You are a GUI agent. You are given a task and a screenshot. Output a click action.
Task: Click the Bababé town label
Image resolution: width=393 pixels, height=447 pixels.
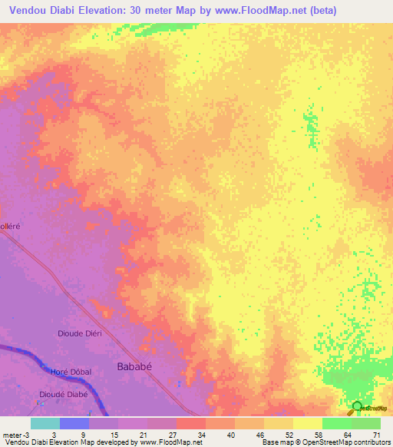[x=134, y=366]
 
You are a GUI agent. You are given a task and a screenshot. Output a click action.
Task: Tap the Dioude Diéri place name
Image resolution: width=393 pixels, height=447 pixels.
[x=80, y=333]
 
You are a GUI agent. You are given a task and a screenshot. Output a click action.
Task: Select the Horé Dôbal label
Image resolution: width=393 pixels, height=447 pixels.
[x=71, y=372]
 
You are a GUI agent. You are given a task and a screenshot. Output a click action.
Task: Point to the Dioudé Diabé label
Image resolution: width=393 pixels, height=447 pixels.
[x=64, y=394]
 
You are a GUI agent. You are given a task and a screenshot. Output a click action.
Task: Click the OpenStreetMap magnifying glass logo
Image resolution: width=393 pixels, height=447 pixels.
[x=358, y=407]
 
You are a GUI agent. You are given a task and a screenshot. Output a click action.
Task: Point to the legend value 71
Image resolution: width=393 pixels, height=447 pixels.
[x=377, y=435]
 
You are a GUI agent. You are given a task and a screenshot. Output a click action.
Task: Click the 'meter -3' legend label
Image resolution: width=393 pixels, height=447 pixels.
[x=15, y=435]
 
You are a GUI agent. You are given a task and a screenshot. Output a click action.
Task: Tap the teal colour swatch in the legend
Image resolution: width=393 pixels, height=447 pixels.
[x=45, y=423]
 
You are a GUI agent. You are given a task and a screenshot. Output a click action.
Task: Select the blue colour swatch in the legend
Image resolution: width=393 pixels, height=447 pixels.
[x=74, y=423]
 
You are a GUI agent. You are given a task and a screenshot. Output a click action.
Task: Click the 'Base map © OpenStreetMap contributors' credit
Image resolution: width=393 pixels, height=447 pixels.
[x=325, y=442]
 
